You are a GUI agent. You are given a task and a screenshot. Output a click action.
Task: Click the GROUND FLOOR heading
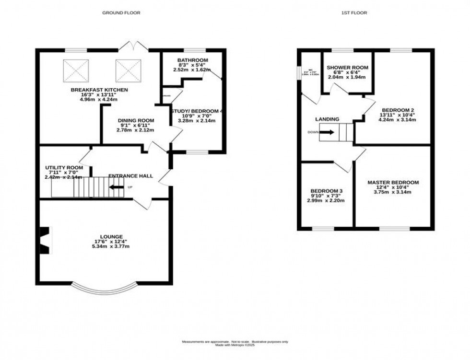[x=121, y=13]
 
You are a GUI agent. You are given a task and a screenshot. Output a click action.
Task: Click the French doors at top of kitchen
[x=132, y=46]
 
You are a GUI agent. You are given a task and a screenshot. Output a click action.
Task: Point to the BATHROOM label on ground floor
[x=192, y=60]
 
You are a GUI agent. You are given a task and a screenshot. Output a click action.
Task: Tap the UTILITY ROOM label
[x=61, y=168]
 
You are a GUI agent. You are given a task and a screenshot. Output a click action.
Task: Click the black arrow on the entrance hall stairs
[x=116, y=187]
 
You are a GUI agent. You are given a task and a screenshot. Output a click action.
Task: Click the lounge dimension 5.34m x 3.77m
[x=111, y=246]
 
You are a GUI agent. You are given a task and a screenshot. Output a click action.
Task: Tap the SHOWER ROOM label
[x=348, y=68]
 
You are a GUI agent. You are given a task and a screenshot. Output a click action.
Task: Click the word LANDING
[x=327, y=119]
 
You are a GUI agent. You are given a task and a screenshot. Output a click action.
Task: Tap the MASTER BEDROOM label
[x=393, y=183]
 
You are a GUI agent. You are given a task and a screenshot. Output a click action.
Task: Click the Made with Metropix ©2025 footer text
[x=235, y=345]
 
